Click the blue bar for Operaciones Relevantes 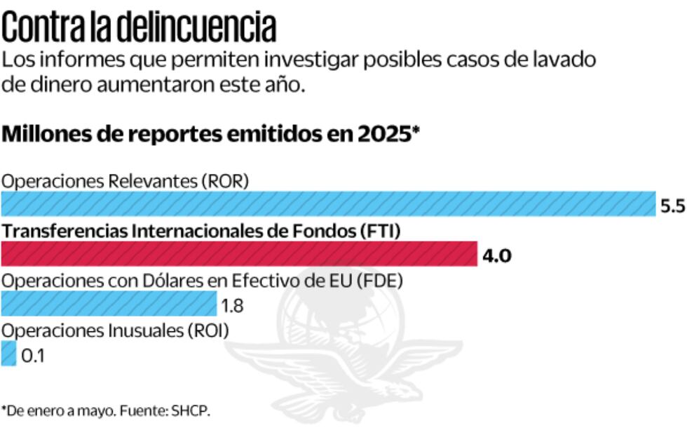(327, 203)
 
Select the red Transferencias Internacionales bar (238, 254)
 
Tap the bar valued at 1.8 (108, 304)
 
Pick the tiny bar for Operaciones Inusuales (8, 354)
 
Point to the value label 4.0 (496, 255)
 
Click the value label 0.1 (33, 356)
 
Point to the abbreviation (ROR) (225, 181)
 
